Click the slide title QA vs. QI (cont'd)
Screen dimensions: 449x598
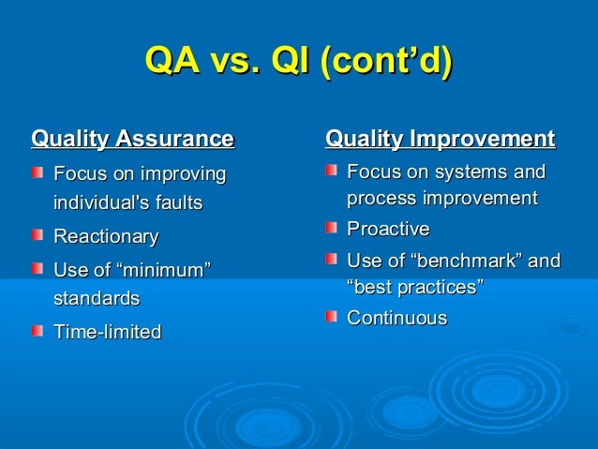[299, 63]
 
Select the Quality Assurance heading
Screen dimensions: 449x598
[132, 141]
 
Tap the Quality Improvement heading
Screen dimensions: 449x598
[440, 141]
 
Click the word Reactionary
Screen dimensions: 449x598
[106, 235]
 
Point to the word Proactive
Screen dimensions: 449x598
[388, 230]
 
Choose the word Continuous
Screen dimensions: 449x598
[396, 319]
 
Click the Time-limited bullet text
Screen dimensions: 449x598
[108, 332]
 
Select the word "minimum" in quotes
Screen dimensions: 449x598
[162, 272]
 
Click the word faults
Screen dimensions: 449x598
[178, 202]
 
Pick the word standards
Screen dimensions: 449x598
[97, 299]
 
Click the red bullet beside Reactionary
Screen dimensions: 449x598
[37, 235]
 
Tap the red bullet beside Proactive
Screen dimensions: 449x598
[331, 230]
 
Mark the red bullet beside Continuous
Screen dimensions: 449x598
[331, 319]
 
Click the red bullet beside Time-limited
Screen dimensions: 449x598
[37, 332]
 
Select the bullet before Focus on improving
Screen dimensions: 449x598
[37, 174]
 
